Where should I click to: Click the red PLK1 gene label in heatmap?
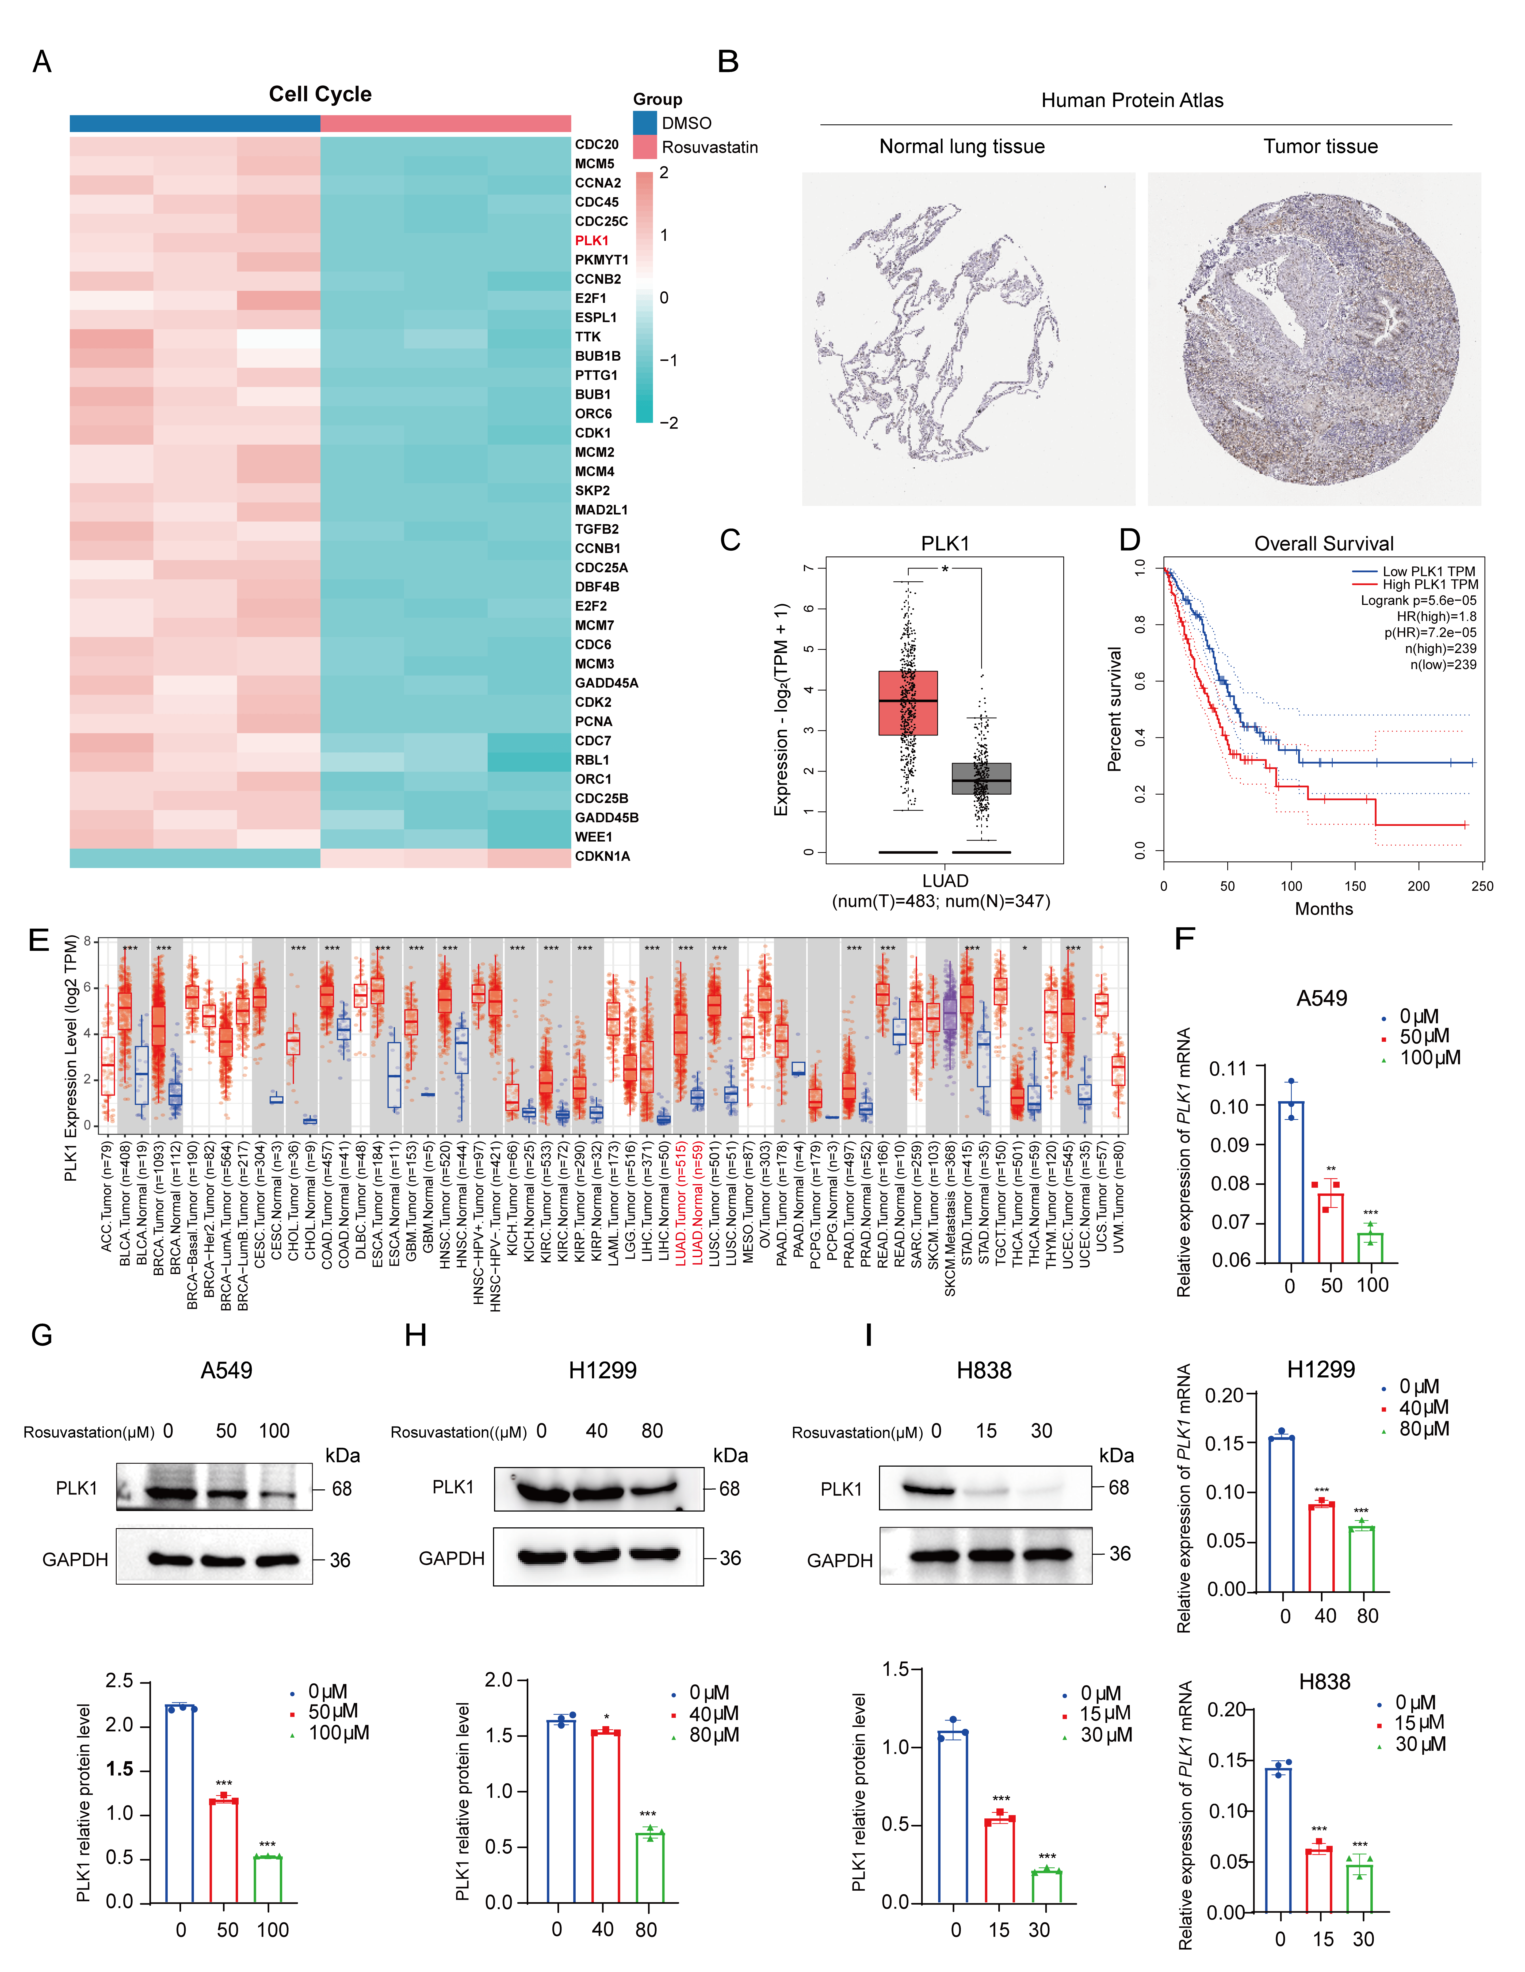(591, 240)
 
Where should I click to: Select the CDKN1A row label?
(602, 856)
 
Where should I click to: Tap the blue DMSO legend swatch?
(645, 123)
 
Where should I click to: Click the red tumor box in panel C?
(907, 703)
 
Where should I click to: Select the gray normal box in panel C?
(981, 778)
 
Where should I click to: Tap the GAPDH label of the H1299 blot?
(452, 1558)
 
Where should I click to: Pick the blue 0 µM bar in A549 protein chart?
(181, 1804)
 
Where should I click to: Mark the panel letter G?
(41, 1336)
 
